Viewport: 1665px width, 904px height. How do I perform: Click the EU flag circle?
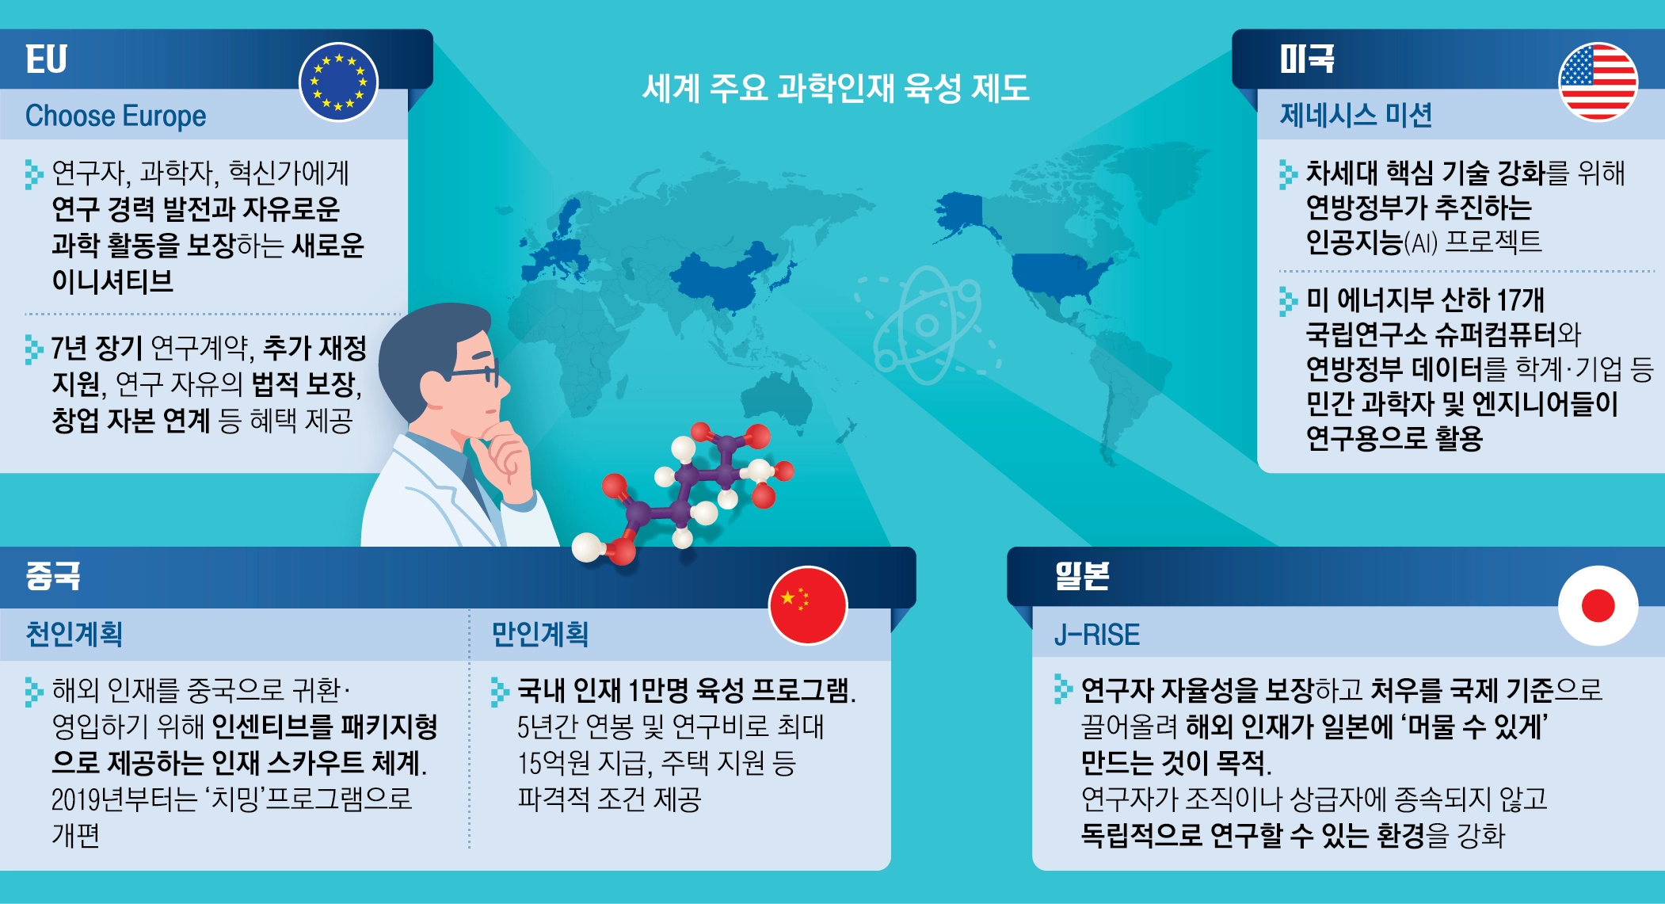tap(338, 82)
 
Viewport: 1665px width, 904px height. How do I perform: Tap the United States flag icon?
tap(1598, 82)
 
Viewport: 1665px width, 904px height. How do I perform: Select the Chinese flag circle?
tap(808, 605)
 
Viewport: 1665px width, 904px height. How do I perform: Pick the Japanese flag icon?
tap(1598, 605)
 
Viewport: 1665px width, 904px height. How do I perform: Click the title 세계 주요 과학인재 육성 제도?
tap(836, 87)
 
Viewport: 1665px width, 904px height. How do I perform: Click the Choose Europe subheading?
tap(116, 116)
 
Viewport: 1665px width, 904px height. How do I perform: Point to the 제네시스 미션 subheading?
tap(1356, 116)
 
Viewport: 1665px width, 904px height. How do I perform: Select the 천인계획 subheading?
tap(74, 634)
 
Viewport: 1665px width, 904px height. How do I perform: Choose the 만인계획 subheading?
tap(539, 634)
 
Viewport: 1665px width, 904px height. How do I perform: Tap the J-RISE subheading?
tap(1096, 635)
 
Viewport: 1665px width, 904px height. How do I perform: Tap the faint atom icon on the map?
tap(927, 325)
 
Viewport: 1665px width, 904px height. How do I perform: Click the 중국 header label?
tap(53, 576)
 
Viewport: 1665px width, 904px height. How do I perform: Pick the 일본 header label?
tap(1081, 576)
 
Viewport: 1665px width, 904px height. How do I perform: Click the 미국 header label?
tap(1307, 59)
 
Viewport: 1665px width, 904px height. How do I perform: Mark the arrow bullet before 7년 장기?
tap(34, 349)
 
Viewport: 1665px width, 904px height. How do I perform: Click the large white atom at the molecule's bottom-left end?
tap(588, 547)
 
